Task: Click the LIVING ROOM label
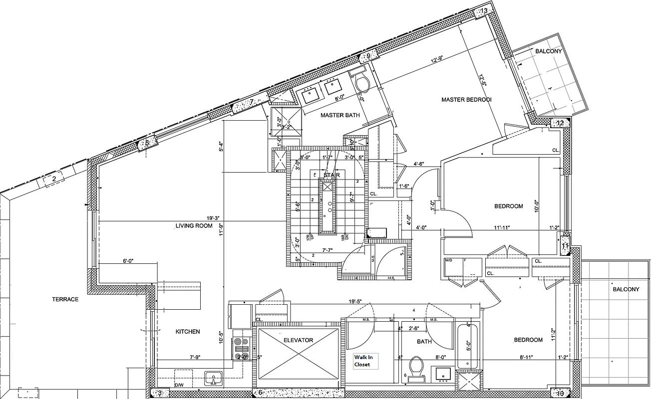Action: point(194,226)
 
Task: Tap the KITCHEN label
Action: point(188,332)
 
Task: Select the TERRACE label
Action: point(65,299)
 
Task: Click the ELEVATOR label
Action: point(298,340)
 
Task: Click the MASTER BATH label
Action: point(340,115)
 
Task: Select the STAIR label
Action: point(331,175)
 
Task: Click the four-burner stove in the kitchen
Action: point(242,348)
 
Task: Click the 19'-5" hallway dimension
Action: point(355,301)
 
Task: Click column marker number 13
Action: point(483,11)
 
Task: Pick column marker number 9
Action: point(368,56)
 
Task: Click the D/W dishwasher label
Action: point(178,385)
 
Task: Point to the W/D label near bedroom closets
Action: point(448,260)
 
